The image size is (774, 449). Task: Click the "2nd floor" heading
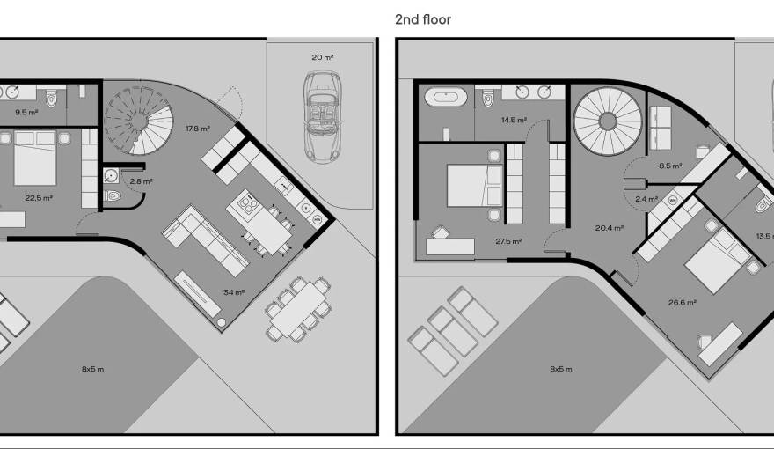pos(423,19)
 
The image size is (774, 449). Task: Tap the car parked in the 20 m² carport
pos(322,116)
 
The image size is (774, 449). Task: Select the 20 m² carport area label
pos(322,57)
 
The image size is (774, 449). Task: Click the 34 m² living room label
pos(233,292)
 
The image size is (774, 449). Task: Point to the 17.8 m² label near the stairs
pos(197,129)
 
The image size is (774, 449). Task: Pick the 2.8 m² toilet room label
pos(141,181)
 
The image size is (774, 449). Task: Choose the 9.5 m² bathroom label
pos(26,112)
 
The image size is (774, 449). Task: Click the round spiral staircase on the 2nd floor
pos(607,120)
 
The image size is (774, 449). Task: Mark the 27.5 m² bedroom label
pos(508,241)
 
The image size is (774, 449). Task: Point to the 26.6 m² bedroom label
pos(683,303)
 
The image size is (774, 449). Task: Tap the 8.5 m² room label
pos(669,165)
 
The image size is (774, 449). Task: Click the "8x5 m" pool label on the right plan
pos(561,369)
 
